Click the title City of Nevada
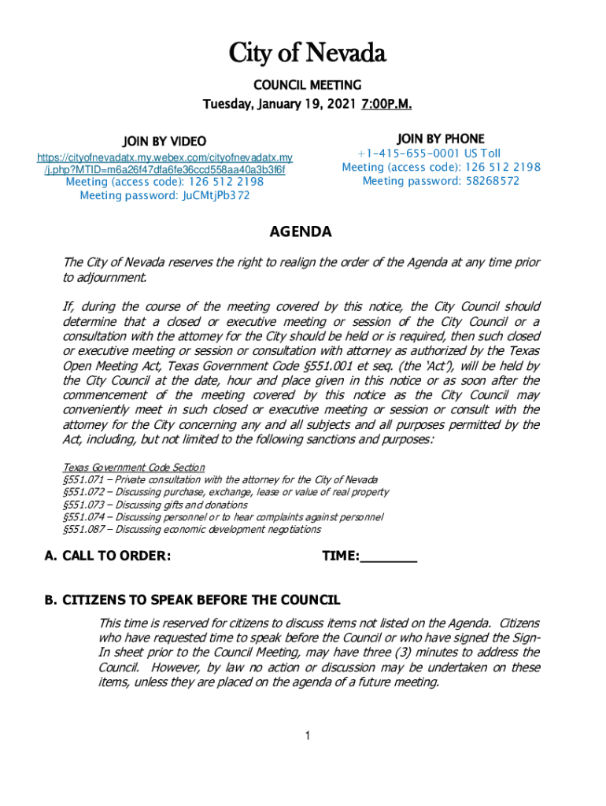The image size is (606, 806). click(308, 54)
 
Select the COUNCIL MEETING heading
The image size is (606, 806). click(308, 85)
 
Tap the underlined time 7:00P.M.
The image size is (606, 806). click(386, 105)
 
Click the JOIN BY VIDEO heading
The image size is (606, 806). click(164, 142)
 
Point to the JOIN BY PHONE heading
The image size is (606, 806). click(441, 139)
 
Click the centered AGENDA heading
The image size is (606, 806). click(301, 232)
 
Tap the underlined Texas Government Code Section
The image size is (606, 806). click(134, 468)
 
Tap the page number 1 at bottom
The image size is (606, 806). click(309, 736)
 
